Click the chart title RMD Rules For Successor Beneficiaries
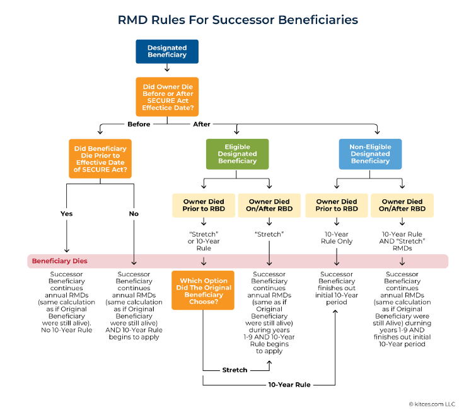coord(238,20)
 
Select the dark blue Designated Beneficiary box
coord(167,51)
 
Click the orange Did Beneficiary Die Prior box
coord(100,158)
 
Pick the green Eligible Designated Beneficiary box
coord(237,153)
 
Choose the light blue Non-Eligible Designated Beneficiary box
coord(370,153)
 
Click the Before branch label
coord(139,124)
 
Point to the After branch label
coord(202,124)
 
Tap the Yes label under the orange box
coord(66,214)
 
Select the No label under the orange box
coord(134,214)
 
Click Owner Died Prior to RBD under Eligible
coord(203,205)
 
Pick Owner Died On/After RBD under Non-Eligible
coord(402,205)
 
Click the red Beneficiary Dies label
coord(60,261)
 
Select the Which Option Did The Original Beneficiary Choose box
coord(203,290)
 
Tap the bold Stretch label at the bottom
coord(235,370)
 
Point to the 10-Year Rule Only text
coord(336,238)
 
